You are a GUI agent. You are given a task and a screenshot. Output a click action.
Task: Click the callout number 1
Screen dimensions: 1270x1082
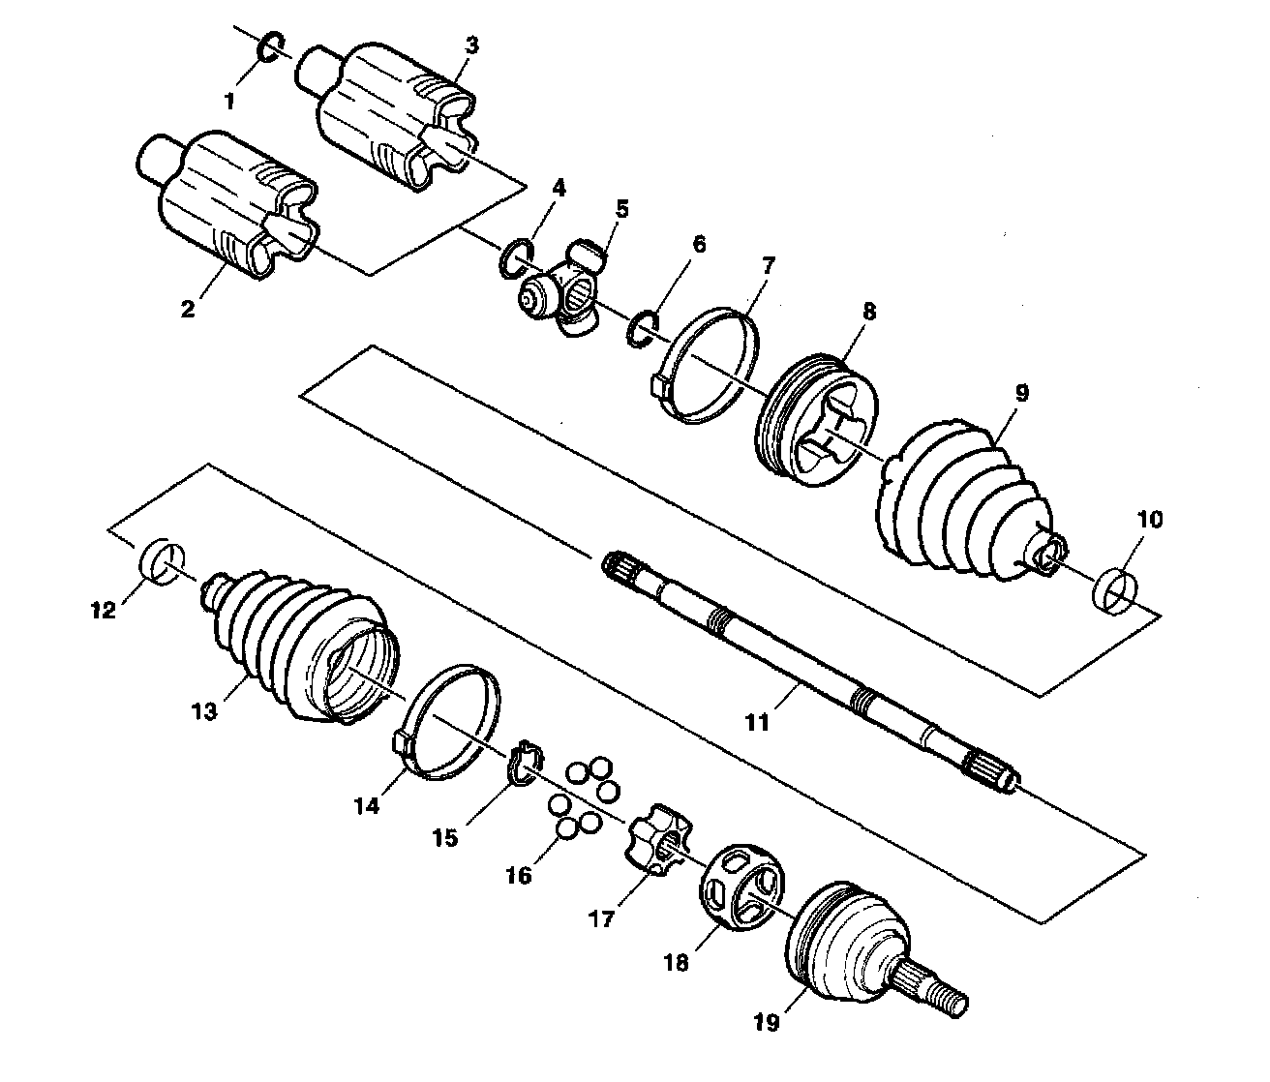point(229,99)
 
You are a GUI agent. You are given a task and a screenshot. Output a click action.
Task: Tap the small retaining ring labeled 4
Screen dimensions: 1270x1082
point(515,256)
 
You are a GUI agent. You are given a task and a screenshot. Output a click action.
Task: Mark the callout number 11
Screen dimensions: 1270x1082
point(757,721)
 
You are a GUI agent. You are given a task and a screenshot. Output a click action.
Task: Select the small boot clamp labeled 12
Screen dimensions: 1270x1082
point(162,562)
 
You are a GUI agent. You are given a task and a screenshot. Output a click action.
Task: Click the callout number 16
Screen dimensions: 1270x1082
point(519,875)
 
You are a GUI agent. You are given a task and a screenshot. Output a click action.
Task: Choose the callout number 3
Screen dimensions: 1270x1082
point(471,45)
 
